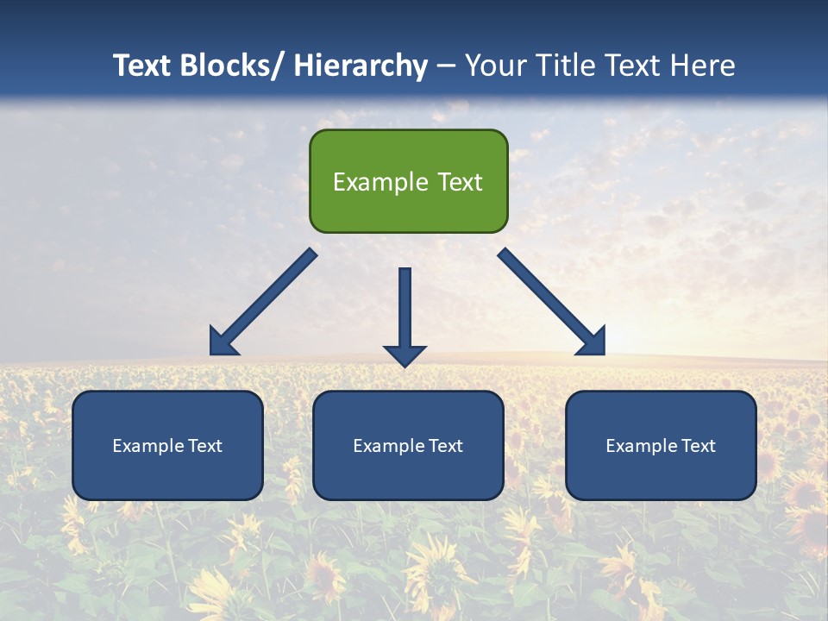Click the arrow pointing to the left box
(x=263, y=302)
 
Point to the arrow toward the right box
(x=552, y=302)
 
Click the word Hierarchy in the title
(x=361, y=66)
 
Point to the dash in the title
(x=446, y=66)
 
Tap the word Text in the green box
(x=458, y=182)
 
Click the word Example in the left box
(x=147, y=446)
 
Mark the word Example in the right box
(x=641, y=446)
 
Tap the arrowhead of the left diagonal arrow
(x=223, y=342)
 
